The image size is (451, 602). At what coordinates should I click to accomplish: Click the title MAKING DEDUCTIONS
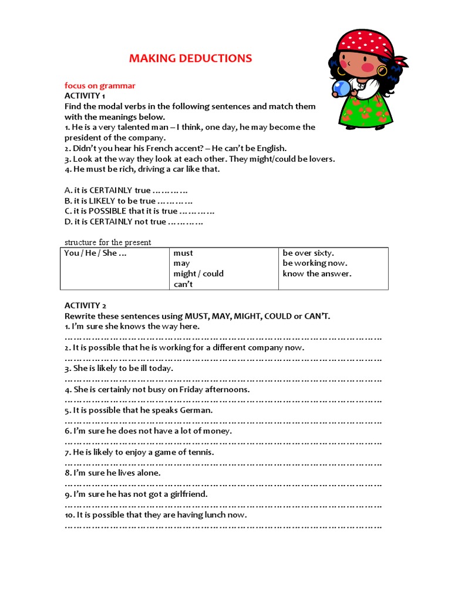pos(190,58)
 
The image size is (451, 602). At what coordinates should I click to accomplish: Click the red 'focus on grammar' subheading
pos(100,86)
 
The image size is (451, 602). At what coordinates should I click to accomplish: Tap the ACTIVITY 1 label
pos(85,96)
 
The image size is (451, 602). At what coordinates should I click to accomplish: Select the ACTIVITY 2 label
pos(86,306)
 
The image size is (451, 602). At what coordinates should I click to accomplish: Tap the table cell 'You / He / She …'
pos(95,253)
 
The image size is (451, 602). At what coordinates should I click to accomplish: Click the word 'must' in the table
pos(183,253)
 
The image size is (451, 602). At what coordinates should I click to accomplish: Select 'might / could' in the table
pos(198,274)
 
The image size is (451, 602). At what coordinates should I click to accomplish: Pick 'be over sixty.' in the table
pos(308,253)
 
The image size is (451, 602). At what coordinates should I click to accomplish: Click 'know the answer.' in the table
pos(317,274)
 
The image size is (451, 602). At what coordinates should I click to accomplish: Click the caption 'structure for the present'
pos(107,242)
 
